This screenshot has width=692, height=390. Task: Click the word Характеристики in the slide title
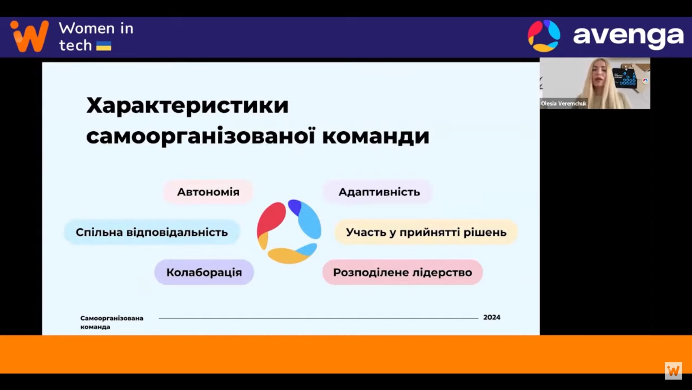tap(188, 106)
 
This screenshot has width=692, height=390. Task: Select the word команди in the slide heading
tap(376, 136)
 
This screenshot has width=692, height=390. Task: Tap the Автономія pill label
tap(208, 192)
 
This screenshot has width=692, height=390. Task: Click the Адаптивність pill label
tap(379, 192)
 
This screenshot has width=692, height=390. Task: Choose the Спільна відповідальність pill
tap(152, 232)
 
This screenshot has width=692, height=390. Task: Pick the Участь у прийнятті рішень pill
tap(426, 232)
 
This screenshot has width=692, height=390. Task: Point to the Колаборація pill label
tap(204, 273)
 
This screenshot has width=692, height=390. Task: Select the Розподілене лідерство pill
tap(403, 273)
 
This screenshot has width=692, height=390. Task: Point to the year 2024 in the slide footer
tap(492, 317)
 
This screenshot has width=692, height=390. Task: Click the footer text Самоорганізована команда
tap(112, 322)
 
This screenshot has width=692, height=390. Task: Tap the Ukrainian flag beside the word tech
tap(104, 46)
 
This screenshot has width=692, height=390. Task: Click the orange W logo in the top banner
tap(29, 36)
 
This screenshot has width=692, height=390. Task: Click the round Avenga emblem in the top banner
tap(544, 36)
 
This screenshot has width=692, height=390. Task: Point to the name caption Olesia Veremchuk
tap(564, 104)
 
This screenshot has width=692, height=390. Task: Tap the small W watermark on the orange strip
tap(673, 370)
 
